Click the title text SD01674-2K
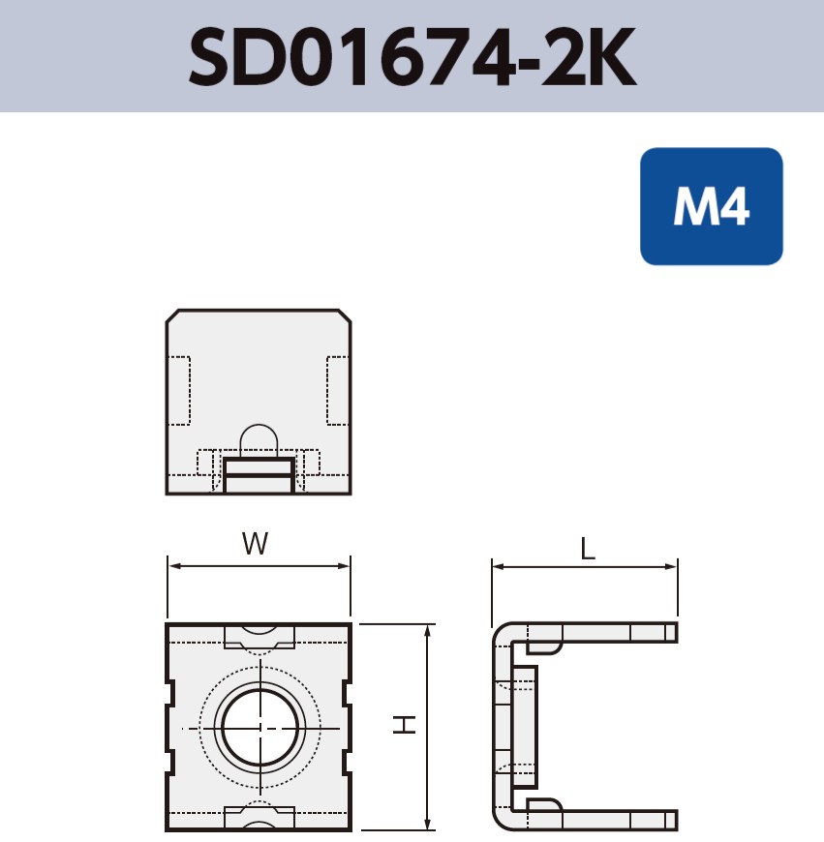click(412, 56)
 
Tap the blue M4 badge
click(711, 206)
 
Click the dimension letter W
click(255, 545)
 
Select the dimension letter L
click(588, 550)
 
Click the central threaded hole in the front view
click(259, 727)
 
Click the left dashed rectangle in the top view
click(179, 391)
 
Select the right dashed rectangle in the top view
click(337, 391)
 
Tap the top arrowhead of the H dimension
click(427, 630)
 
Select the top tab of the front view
click(259, 637)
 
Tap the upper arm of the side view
click(600, 633)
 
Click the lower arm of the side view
click(600, 819)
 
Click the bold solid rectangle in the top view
click(259, 475)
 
